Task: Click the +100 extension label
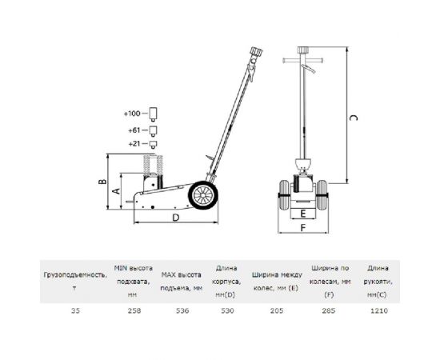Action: point(132,114)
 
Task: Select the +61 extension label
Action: point(134,130)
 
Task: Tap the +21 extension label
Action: point(134,144)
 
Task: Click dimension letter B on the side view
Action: point(102,182)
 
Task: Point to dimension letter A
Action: point(116,191)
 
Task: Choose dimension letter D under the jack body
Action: point(175,218)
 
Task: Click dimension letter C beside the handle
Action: point(354,118)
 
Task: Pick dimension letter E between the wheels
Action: point(302,214)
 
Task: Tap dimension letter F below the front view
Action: point(302,227)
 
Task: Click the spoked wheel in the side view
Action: point(203,195)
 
